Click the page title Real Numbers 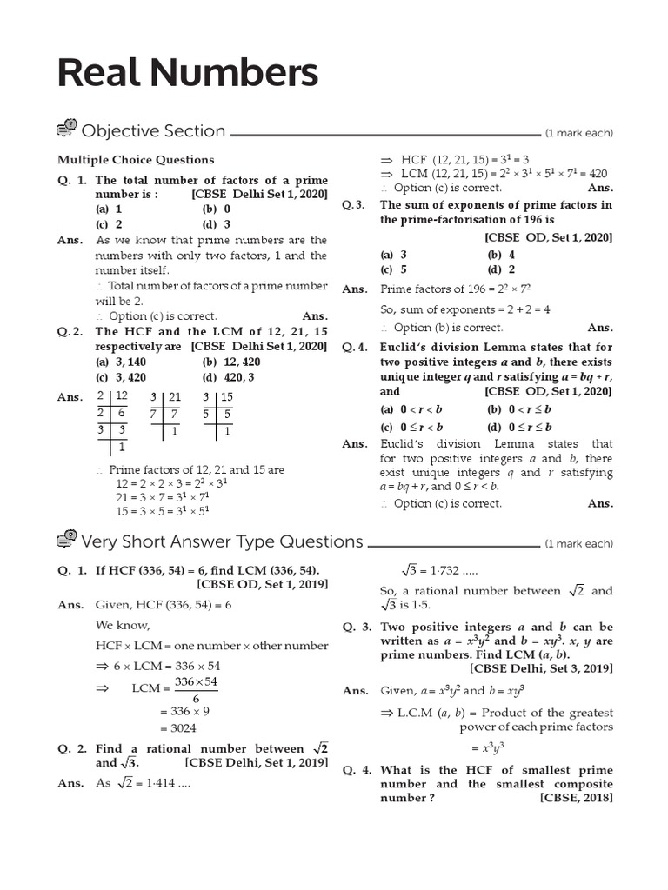(x=188, y=75)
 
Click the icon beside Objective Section (x=67, y=130)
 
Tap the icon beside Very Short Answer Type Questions (x=67, y=541)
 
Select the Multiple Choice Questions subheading (x=136, y=160)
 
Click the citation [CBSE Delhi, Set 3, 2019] (x=541, y=668)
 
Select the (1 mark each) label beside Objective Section (x=579, y=133)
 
